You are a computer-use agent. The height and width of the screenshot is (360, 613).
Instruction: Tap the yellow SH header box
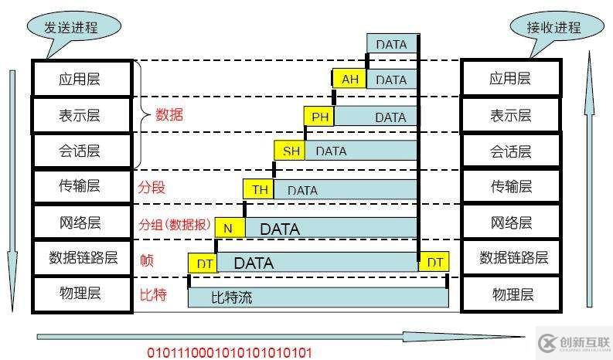tap(291, 151)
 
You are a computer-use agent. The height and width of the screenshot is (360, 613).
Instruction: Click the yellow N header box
tap(229, 228)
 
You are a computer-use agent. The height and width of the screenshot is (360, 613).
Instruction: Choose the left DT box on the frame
tap(203, 263)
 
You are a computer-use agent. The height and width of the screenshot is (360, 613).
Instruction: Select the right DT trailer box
tap(434, 263)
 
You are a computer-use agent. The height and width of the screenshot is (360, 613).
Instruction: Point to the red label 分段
tap(152, 188)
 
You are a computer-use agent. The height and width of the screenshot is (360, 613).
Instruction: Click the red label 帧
tap(146, 260)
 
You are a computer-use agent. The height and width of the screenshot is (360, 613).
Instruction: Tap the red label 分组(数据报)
tap(174, 225)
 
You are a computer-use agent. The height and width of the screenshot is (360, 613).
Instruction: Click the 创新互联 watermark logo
tap(573, 338)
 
